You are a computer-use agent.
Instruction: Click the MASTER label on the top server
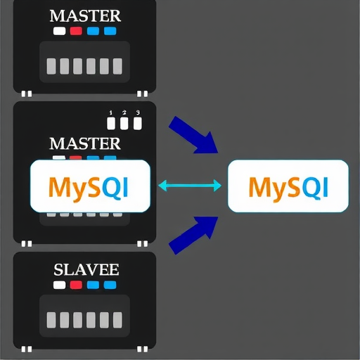(85, 15)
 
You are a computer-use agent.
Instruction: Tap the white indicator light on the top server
(60, 31)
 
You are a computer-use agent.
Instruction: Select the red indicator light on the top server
(76, 31)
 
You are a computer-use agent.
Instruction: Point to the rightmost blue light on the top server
(110, 31)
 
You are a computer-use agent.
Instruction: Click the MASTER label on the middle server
(85, 143)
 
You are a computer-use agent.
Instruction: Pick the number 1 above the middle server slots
(110, 112)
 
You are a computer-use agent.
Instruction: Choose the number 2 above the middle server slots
(124, 112)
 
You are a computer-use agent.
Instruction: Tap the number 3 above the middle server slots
(138, 112)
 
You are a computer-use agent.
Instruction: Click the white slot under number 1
(111, 124)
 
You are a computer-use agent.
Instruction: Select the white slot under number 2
(124, 124)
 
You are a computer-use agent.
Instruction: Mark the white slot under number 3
(138, 124)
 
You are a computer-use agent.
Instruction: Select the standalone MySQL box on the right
(288, 186)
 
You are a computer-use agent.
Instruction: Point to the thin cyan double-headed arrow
(191, 186)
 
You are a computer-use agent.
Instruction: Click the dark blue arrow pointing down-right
(194, 136)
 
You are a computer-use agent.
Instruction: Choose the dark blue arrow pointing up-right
(194, 233)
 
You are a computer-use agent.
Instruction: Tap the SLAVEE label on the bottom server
(85, 269)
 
